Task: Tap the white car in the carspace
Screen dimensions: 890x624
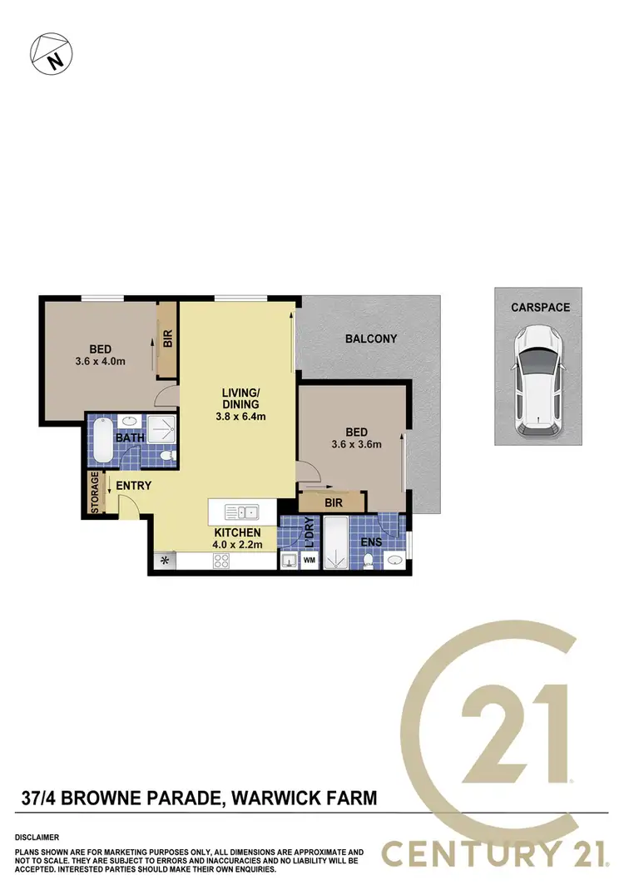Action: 538,381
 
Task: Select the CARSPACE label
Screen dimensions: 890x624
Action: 541,308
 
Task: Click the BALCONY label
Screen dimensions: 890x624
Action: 371,339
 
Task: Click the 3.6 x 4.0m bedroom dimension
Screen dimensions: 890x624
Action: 99,361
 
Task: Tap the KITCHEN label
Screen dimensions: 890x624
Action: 238,533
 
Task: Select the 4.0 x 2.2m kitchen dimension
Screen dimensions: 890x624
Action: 238,546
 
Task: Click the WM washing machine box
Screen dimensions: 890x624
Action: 309,561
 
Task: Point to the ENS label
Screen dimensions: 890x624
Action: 371,541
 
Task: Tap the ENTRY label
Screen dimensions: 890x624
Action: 133,486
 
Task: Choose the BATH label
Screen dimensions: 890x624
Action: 130,438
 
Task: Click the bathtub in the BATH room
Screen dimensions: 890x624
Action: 102,440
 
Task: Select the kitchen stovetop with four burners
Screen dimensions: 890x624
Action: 222,561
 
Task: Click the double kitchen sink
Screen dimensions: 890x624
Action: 246,512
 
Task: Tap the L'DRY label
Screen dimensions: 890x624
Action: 309,532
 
